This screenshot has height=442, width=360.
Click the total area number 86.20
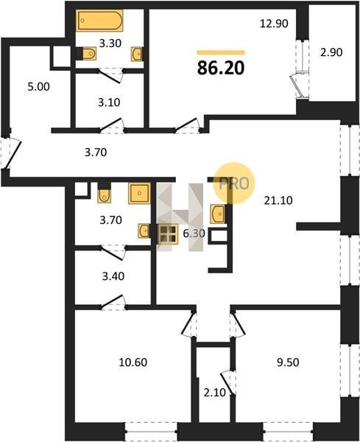pos(221,69)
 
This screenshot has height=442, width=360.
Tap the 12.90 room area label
pos(274,24)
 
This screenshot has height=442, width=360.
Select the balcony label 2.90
pos(331,52)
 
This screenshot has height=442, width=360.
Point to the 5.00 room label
pos(38,86)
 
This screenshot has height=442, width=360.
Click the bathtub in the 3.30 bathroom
pos(100,20)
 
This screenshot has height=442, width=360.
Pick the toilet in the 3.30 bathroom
pos(89,54)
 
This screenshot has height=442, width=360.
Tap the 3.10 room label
pos(109,102)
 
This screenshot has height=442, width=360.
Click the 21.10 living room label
pos(278,200)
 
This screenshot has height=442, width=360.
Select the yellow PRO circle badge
pos(234,183)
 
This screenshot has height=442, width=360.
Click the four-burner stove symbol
pos(168,234)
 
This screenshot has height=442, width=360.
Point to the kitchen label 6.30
pos(194,234)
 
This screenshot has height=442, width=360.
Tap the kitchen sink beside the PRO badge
pos(217,214)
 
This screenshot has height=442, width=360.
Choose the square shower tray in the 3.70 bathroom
pos(139,193)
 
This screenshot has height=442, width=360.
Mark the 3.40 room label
pos(113,276)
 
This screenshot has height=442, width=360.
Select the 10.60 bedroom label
pos(133,362)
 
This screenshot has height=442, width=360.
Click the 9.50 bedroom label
pos(288,362)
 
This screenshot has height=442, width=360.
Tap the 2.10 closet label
pos(215,393)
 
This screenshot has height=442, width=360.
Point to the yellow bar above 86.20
pos(221,52)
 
